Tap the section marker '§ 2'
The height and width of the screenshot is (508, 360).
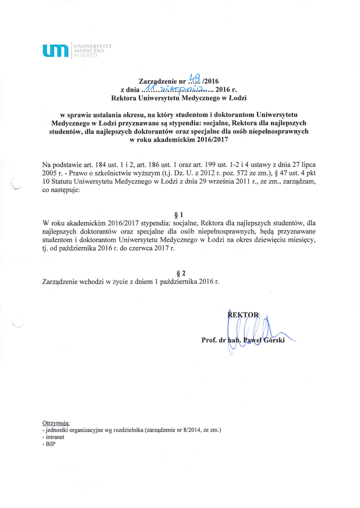coord(181,273)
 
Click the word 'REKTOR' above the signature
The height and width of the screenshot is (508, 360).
coord(243,315)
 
